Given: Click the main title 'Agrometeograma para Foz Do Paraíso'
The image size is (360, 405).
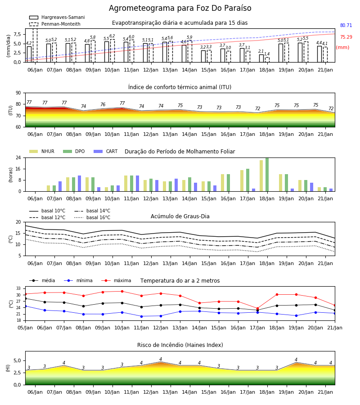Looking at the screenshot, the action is (x=180, y=8).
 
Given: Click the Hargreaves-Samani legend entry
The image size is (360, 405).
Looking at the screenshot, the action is (x=57, y=17).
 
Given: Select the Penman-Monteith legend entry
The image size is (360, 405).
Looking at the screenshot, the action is (x=55, y=24).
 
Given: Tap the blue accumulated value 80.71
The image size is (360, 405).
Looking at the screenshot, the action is (x=346, y=25).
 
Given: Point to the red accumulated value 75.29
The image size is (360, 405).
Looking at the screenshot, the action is (x=346, y=37).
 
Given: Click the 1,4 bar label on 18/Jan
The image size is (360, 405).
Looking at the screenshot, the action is (x=267, y=54).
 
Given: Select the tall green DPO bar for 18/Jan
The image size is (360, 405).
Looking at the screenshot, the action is (x=267, y=175).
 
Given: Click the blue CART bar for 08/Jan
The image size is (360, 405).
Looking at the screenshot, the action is (x=79, y=184).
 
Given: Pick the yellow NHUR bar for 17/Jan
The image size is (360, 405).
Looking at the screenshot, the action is (x=242, y=181).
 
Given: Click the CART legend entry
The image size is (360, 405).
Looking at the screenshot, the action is (x=106, y=151).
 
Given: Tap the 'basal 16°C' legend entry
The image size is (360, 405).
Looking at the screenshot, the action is (x=92, y=217).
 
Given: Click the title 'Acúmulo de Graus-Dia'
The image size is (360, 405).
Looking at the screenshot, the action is (x=180, y=216).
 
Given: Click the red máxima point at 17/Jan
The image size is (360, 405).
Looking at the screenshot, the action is (x=257, y=308).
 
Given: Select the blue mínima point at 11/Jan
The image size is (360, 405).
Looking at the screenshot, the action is (x=141, y=316).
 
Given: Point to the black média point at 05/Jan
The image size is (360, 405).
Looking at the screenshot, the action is (x=26, y=299).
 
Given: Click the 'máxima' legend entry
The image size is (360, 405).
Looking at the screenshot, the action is (x=116, y=280).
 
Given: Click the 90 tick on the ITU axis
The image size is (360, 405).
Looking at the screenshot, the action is (x=18, y=93).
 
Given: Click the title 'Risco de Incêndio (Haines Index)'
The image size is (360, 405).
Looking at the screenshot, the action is (x=180, y=345).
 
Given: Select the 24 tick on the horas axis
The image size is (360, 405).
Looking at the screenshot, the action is (x=18, y=157).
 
